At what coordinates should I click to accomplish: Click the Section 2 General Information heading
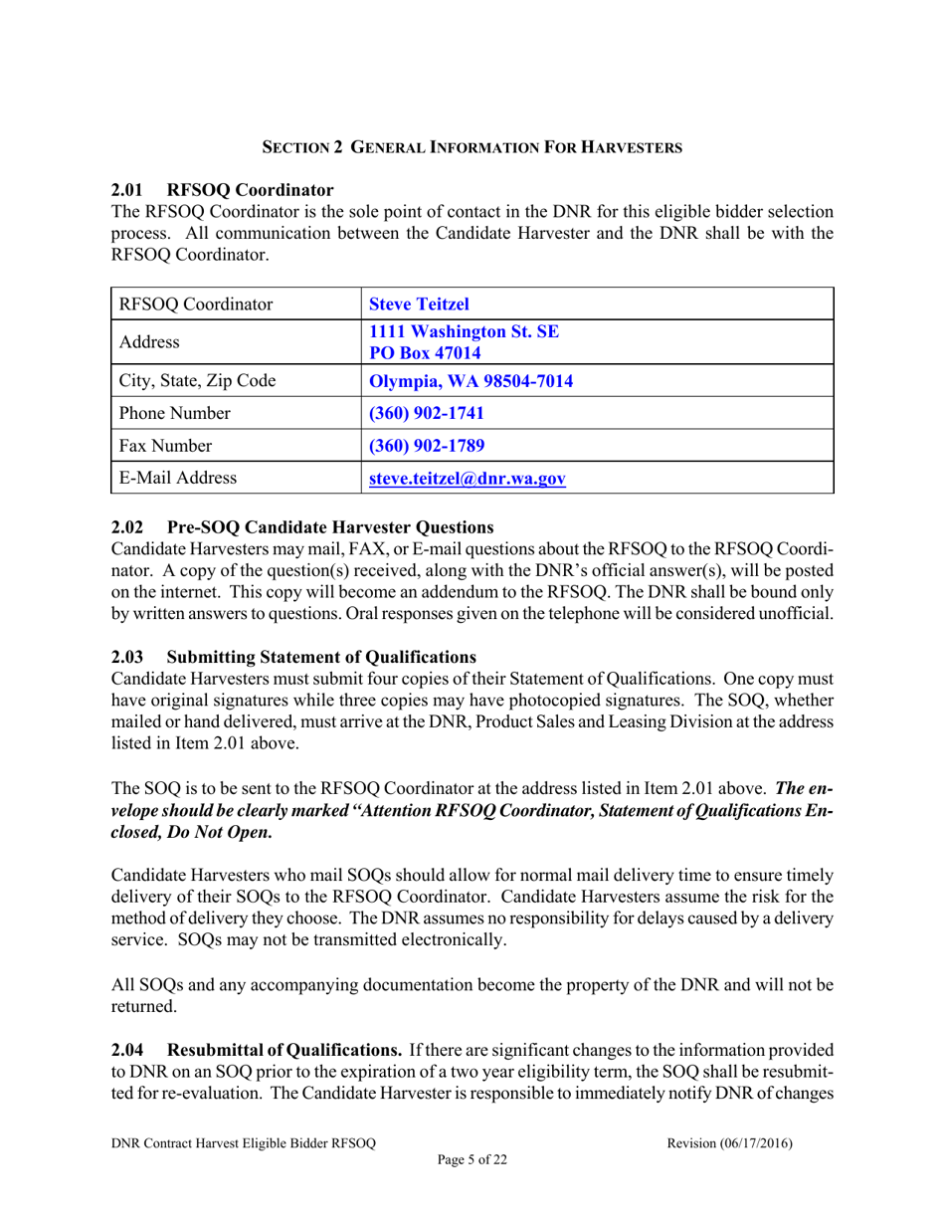pyautogui.click(x=472, y=147)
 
